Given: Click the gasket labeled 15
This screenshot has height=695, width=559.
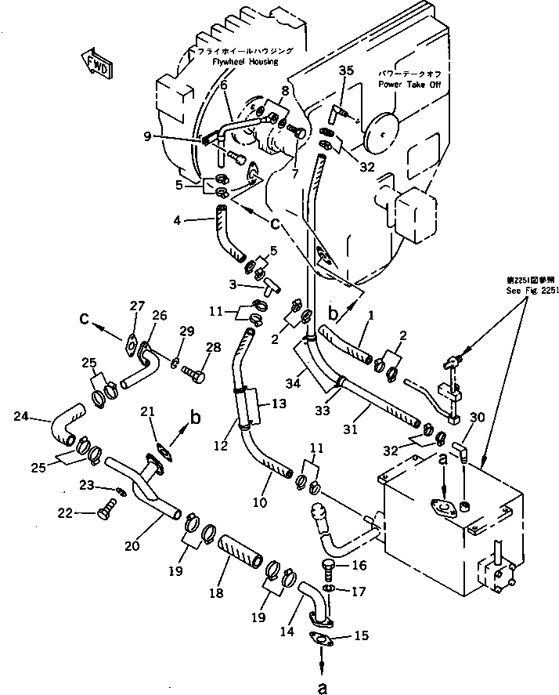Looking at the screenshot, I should (323, 641).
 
